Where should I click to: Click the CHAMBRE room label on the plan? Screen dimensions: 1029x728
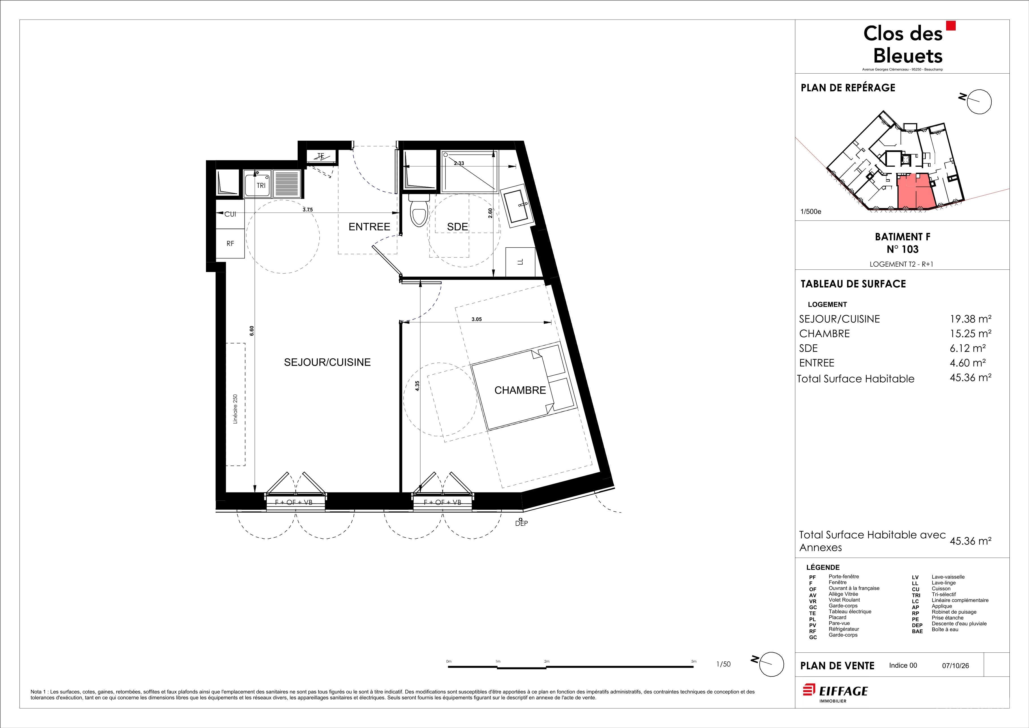coord(520,390)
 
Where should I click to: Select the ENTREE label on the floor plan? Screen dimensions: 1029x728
coord(369,227)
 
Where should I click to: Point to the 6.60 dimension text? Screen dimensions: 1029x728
coord(252,331)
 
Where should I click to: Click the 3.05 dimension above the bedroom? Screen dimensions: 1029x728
coord(476,320)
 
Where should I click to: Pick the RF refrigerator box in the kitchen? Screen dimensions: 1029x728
coord(230,243)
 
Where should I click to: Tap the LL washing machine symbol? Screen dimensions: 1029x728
coord(520,262)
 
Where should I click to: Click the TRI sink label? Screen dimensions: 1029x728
coord(261,186)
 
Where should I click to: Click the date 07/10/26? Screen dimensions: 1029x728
coord(955,666)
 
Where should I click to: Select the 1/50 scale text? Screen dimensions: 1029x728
coord(723,664)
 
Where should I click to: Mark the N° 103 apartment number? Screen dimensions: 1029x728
coord(903,249)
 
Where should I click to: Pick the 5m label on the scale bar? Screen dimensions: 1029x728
coord(694,661)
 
